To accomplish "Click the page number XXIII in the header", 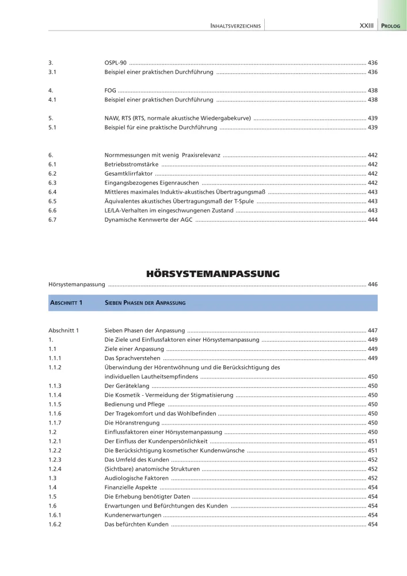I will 366,26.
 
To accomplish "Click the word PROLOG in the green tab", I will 391,26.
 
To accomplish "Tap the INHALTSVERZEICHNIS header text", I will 236,26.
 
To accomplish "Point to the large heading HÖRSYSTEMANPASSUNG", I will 213,273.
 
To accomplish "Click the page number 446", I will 372,284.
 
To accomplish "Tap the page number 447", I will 372,331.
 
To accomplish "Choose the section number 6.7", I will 52,219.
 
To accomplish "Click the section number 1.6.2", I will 55,524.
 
